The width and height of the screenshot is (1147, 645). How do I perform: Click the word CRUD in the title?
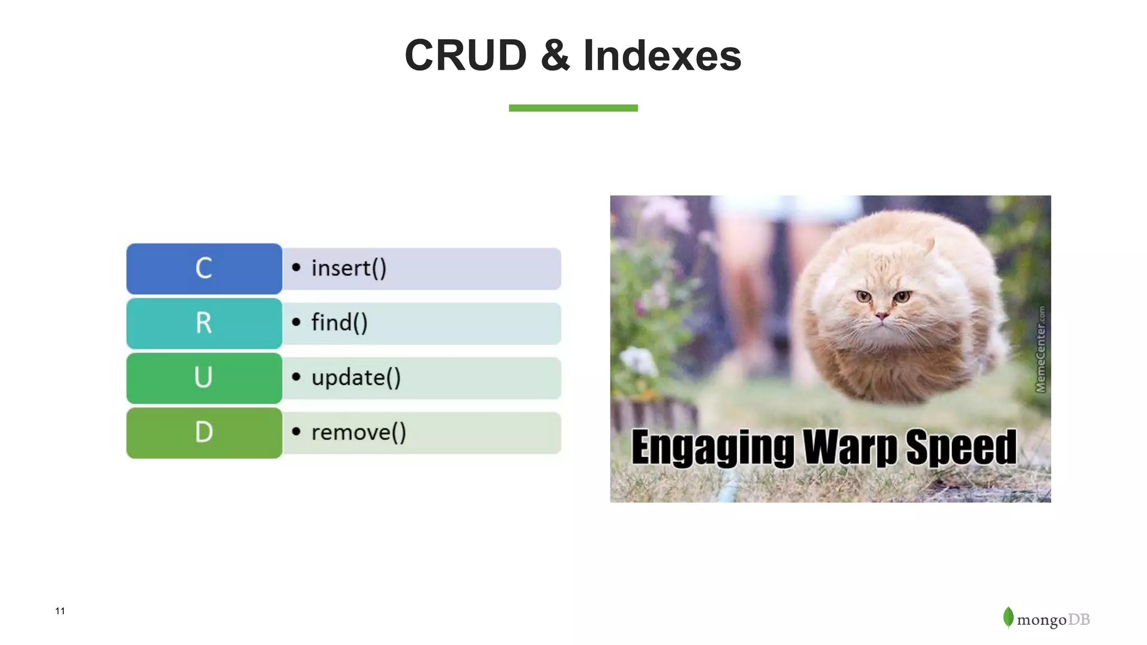tap(465, 55)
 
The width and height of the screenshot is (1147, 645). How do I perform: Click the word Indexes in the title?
tap(662, 55)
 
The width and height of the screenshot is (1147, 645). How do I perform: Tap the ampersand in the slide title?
tap(555, 55)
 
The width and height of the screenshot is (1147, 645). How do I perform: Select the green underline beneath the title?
tap(573, 108)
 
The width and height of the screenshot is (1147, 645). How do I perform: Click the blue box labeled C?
tap(204, 268)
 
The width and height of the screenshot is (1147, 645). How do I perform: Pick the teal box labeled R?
tap(204, 323)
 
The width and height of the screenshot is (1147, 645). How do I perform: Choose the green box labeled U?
tap(204, 377)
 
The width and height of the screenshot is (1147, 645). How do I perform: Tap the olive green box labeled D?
tap(204, 432)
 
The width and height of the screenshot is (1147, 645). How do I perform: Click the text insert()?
tap(348, 268)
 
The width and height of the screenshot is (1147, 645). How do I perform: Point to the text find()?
tap(339, 323)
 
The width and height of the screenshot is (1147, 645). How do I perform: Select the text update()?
tap(356, 377)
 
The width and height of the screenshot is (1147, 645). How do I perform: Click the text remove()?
tap(358, 432)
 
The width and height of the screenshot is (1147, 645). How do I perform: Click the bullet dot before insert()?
tap(296, 268)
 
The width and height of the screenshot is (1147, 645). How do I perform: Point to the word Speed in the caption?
tap(961, 447)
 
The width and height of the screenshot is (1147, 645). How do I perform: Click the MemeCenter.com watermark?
tap(1041, 349)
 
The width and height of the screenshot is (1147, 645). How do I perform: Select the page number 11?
tap(60, 611)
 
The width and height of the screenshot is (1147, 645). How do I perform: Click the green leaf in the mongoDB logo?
tap(1008, 617)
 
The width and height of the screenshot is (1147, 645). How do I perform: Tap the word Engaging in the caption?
tap(712, 447)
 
